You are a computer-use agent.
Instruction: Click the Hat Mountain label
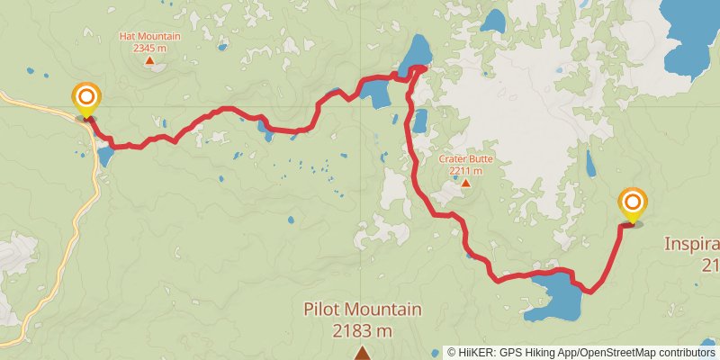point(150,37)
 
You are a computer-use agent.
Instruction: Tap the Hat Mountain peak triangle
point(150,62)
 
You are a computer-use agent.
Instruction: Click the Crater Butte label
point(465,159)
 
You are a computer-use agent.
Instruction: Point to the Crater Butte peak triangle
point(465,183)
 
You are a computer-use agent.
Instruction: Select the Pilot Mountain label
point(362,310)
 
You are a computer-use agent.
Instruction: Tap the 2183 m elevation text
point(362,330)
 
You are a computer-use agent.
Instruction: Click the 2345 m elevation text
point(150,49)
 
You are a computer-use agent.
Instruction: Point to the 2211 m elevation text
point(465,170)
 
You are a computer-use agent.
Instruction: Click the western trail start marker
point(86,97)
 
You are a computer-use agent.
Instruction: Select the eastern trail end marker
point(633,202)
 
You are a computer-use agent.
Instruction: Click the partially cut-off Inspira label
point(692,244)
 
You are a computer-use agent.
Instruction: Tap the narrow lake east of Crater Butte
point(589,164)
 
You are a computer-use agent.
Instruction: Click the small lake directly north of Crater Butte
point(420,121)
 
